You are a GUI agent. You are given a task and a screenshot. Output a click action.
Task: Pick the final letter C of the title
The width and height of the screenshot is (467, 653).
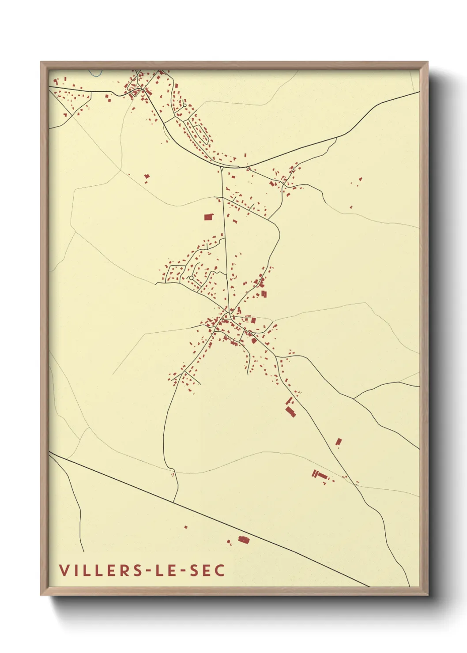coord(220,570)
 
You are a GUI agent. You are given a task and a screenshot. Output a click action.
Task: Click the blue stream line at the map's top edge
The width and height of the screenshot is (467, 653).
coord(94,72)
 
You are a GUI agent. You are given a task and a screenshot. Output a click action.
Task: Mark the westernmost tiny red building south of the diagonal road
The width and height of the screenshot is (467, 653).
coord(186,526)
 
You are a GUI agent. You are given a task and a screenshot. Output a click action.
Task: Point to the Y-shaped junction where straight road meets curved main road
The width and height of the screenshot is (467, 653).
coord(221,166)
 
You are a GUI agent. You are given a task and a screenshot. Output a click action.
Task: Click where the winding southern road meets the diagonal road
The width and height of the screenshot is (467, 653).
coord(173,502)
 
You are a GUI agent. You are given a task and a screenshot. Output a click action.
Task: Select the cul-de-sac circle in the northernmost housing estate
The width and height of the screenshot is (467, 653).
coord(190,278)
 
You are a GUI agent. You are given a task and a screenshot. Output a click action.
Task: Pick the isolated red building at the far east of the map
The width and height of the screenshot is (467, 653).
coord(361,179)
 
